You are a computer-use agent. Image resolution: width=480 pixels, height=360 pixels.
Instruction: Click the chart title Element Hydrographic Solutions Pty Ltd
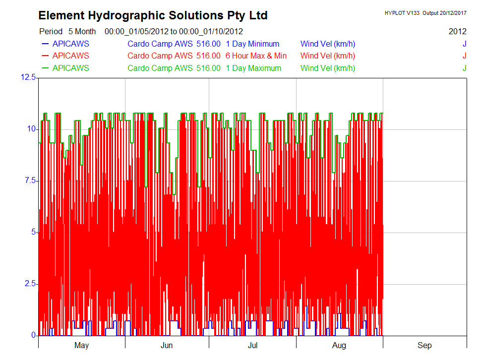tap(153, 15)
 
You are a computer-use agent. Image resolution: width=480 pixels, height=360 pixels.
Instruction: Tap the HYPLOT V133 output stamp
tap(425, 13)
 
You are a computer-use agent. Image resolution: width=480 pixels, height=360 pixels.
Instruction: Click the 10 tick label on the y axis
tap(32, 129)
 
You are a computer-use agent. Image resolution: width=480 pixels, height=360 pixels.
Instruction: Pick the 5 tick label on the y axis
tap(33, 233)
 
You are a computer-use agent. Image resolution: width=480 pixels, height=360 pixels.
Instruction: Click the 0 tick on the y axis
tap(33, 336)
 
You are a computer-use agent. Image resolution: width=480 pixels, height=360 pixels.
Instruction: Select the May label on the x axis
tap(81, 346)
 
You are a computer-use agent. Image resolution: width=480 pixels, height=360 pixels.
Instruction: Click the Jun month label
tap(167, 346)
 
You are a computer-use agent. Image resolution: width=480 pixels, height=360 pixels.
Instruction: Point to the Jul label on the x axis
tap(252, 346)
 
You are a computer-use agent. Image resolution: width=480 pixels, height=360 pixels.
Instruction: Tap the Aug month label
tap(339, 346)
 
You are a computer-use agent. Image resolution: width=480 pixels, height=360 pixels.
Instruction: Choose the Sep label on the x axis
tap(424, 346)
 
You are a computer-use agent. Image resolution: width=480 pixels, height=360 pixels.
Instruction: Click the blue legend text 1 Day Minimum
tap(252, 44)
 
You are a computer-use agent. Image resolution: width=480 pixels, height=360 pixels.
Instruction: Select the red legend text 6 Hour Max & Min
tap(256, 56)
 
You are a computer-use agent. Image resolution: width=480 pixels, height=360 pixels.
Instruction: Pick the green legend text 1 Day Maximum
tap(253, 68)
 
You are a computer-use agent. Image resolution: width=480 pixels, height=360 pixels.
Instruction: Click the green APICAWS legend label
tap(71, 68)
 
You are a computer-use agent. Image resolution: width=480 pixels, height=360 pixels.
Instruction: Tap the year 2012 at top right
tap(457, 31)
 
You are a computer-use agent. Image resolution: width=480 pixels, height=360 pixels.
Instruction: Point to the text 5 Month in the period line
tap(82, 31)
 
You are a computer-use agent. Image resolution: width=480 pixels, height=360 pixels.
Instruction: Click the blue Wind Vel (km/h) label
tap(328, 44)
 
